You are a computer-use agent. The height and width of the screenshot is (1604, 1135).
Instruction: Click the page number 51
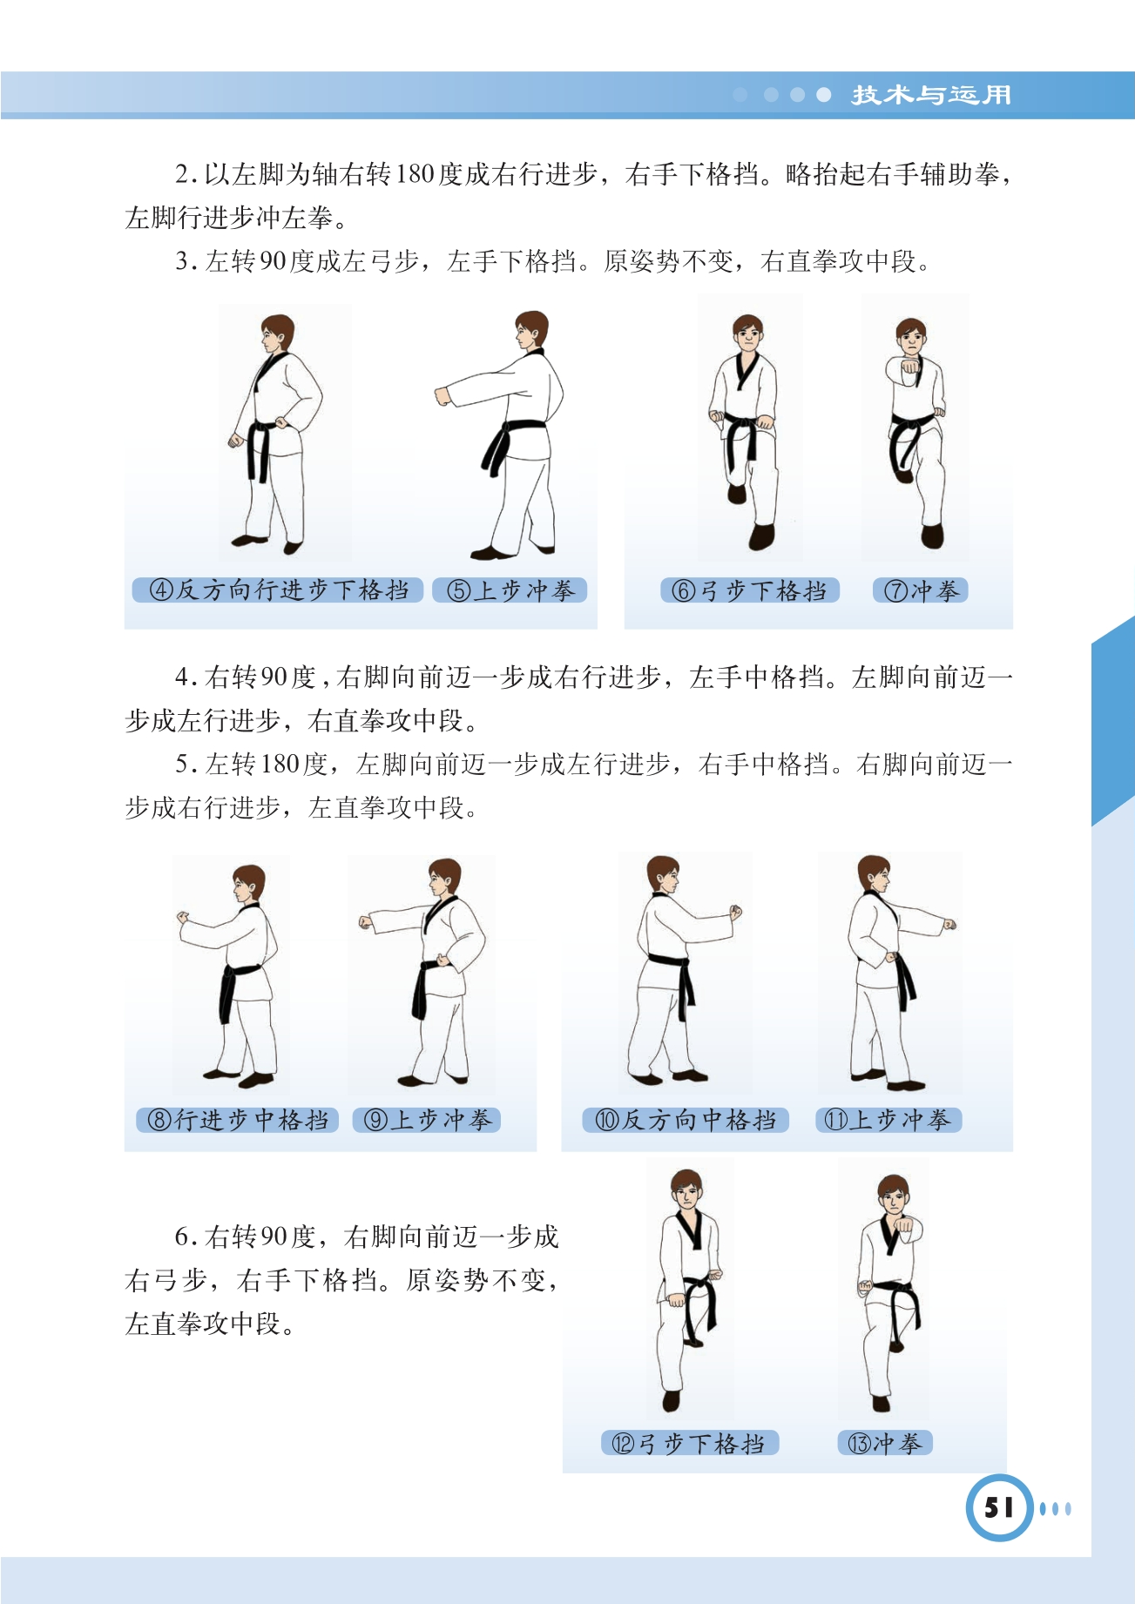(998, 1507)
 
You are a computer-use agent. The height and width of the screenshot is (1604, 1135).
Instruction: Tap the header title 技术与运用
(931, 95)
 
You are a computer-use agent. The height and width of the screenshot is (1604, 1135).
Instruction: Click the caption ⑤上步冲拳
(510, 590)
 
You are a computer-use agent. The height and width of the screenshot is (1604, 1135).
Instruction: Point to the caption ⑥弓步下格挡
(750, 590)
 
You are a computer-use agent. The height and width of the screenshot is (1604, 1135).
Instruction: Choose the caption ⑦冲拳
(921, 590)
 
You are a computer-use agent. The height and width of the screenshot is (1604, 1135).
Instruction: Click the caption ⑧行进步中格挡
(237, 1120)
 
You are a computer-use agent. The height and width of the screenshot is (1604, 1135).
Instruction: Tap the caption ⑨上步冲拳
(427, 1120)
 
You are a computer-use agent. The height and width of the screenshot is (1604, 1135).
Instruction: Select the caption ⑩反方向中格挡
(686, 1120)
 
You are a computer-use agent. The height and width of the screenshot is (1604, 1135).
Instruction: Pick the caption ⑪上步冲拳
(888, 1120)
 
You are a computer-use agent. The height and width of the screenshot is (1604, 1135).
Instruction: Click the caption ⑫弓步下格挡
(689, 1443)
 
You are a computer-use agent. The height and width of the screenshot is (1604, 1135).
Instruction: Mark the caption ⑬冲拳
(885, 1443)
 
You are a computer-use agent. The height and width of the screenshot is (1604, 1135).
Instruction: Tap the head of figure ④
(276, 334)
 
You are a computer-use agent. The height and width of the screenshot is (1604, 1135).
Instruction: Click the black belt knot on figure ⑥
(742, 427)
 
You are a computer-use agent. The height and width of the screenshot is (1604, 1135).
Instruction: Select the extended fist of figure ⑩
(735, 913)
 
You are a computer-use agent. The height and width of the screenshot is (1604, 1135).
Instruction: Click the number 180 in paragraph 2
(415, 174)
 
